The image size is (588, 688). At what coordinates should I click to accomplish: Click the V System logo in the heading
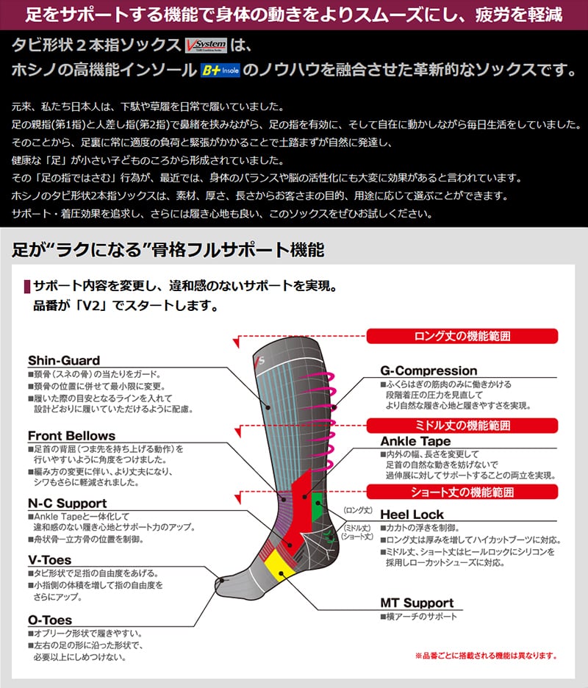(206, 45)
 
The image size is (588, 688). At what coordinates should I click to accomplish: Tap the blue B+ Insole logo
(220, 71)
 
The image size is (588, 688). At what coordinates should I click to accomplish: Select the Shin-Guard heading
(64, 361)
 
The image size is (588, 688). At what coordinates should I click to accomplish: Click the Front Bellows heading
(71, 436)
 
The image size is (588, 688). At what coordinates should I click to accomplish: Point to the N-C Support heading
(67, 504)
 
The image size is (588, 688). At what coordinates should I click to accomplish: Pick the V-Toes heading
(49, 560)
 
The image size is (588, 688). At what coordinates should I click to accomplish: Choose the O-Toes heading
(50, 620)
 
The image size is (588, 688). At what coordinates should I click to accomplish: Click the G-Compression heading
(429, 370)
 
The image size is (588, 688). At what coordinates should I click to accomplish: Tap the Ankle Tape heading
(415, 441)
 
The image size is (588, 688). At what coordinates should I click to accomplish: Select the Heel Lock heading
(412, 515)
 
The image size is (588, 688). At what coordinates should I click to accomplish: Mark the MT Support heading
(417, 603)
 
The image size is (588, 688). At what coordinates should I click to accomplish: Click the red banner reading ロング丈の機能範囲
(462, 337)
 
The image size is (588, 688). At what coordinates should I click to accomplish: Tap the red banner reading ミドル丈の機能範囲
(462, 426)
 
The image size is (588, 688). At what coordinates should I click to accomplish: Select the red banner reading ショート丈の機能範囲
(462, 492)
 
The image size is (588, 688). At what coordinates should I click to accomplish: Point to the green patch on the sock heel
(316, 507)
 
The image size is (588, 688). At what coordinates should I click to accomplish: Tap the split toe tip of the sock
(218, 584)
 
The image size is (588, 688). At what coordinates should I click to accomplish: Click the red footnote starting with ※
(486, 656)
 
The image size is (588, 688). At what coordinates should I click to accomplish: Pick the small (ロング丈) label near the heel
(358, 510)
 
